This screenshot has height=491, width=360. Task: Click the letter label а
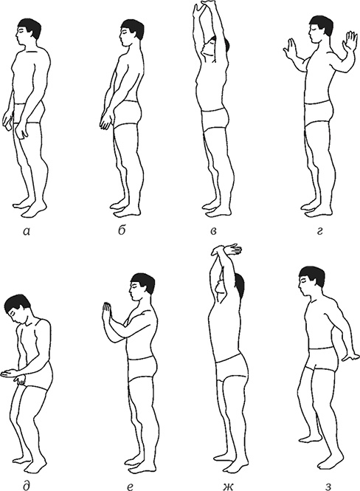(27, 231)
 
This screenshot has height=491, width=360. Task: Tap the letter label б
(122, 230)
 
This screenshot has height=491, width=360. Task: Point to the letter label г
(319, 232)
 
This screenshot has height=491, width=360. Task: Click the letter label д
(27, 485)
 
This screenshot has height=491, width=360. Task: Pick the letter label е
(131, 487)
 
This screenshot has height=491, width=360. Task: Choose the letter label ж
(228, 487)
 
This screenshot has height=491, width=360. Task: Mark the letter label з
(328, 487)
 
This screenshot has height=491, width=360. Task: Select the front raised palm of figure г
(290, 49)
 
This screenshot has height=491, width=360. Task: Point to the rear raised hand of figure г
(350, 41)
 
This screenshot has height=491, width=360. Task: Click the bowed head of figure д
(17, 309)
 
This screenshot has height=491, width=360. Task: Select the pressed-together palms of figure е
(107, 314)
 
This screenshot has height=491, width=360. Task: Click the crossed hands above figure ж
(226, 250)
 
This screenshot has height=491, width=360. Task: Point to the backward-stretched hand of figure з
(351, 357)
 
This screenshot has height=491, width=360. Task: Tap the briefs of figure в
(214, 120)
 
